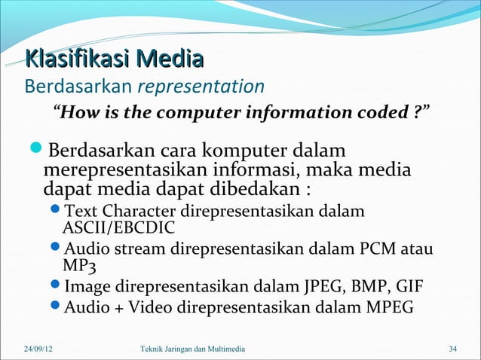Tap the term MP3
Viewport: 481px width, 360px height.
79,265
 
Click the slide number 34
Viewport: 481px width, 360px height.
452,349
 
